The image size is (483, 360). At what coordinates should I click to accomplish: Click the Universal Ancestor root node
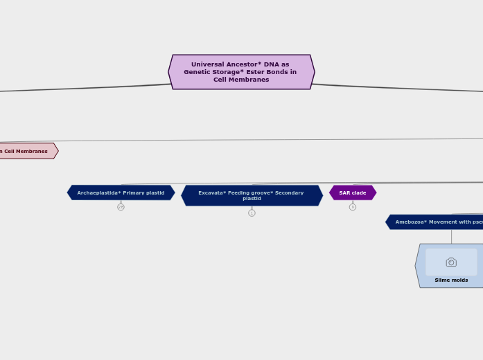click(241, 72)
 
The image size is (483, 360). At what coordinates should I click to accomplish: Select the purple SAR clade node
click(353, 192)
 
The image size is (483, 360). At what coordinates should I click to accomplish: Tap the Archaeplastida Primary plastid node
click(121, 192)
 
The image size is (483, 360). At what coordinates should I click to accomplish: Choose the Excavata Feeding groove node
click(252, 195)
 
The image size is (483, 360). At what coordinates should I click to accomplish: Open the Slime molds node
click(451, 266)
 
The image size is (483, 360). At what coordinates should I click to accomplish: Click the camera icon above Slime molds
click(451, 262)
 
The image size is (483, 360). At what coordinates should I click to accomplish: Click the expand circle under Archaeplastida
click(121, 207)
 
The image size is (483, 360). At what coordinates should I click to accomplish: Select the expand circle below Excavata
click(252, 213)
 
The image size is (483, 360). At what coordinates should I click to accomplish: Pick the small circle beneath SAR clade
click(353, 207)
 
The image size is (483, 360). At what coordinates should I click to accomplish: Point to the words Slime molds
click(451, 280)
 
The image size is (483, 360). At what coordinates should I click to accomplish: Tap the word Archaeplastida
click(96, 192)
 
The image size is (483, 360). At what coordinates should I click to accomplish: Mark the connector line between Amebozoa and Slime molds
click(451, 236)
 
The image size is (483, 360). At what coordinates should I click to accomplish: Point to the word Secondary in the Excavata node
click(288, 192)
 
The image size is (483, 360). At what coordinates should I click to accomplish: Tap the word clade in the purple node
click(358, 192)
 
